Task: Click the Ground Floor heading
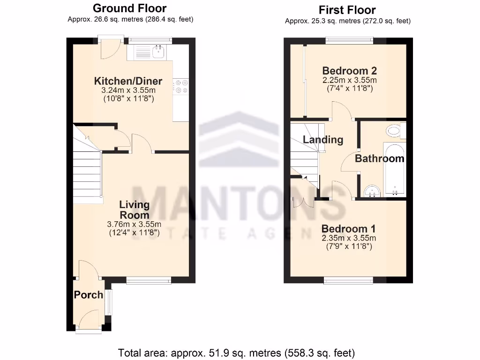129,8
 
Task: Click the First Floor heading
347,10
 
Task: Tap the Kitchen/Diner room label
128,81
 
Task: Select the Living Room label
134,210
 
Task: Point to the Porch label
88,295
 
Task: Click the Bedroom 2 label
349,71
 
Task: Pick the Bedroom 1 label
348,229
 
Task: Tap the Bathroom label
379,158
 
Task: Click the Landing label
322,139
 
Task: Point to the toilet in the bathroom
395,131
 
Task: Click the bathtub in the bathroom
395,169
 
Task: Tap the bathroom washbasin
373,191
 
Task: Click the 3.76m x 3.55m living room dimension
134,224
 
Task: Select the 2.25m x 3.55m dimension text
349,80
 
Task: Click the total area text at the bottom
236,352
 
